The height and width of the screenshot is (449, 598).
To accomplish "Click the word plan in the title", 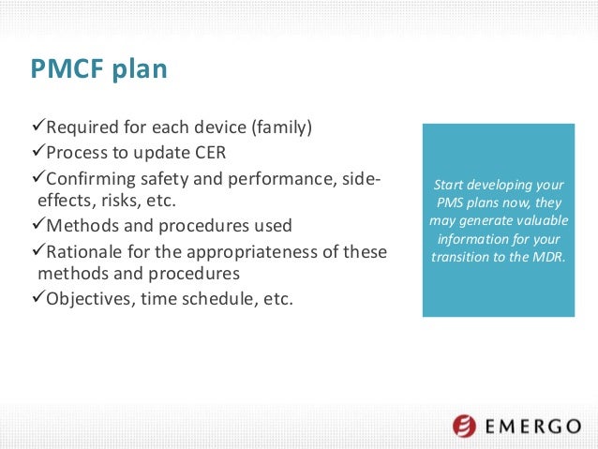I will [143, 72].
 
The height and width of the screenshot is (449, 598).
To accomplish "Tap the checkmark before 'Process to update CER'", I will [37, 153].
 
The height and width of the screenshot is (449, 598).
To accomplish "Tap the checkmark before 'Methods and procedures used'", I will [37, 226].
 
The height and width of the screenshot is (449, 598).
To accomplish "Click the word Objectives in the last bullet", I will [88, 299].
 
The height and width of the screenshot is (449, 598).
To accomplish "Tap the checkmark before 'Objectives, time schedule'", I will [37, 299].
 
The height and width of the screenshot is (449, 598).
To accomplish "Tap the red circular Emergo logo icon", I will [465, 427].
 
